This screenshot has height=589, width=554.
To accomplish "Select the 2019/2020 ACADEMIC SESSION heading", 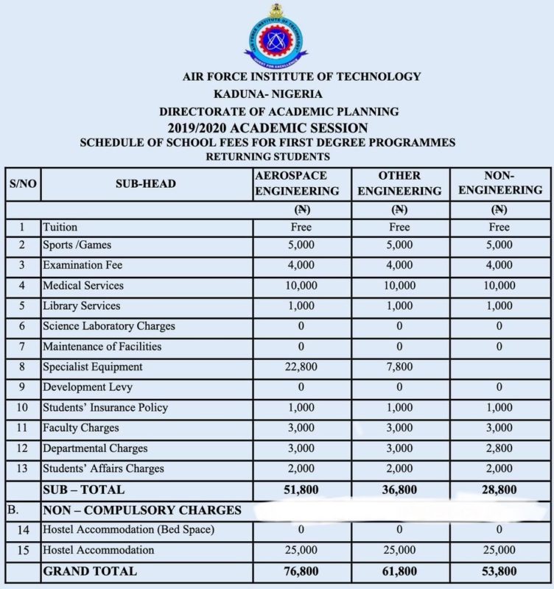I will click(267, 127).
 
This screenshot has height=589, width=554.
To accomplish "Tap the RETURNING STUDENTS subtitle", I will click(267, 157).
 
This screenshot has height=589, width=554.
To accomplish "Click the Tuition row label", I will click(60, 228).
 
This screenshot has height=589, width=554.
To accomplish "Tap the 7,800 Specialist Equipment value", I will click(399, 367).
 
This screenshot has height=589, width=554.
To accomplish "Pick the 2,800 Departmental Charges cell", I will click(499, 448).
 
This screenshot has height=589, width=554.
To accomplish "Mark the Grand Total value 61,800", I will click(399, 571).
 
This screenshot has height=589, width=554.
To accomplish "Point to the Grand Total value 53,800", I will click(499, 571).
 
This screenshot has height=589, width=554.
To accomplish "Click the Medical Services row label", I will click(83, 285).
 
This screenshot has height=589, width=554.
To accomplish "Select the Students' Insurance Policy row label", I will click(105, 408).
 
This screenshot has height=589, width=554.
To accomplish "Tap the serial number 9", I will click(22, 387).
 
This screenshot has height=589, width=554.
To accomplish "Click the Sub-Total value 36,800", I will click(399, 490).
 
